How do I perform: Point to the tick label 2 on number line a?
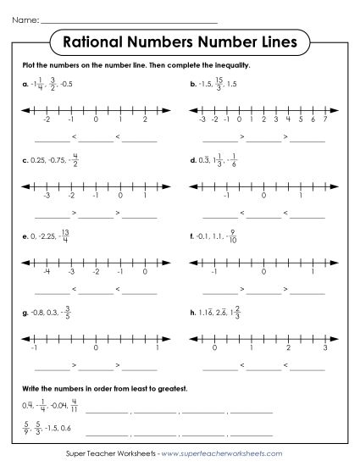[146, 121]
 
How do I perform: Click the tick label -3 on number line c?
[48, 195]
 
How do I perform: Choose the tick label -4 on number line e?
[48, 272]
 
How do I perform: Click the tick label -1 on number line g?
[33, 347]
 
